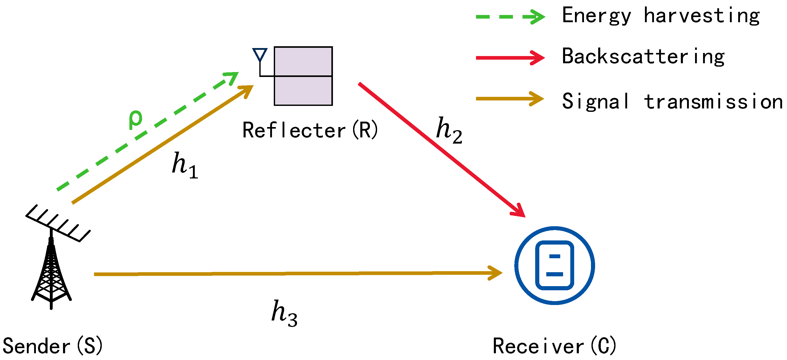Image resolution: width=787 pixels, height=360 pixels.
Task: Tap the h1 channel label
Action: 184,165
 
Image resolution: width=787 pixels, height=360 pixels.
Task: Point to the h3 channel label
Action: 284,313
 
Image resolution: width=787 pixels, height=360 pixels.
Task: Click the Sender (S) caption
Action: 52,346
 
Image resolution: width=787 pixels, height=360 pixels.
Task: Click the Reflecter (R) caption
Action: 310,130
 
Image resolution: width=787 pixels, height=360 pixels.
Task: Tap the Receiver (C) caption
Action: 554,346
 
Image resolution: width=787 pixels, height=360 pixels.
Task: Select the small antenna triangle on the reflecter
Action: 260,54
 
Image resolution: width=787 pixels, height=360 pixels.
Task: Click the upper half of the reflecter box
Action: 303,61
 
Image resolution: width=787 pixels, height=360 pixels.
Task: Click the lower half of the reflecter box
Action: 303,91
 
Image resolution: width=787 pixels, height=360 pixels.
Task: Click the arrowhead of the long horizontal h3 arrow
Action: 496,273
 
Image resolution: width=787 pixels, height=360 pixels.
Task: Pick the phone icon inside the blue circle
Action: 554,265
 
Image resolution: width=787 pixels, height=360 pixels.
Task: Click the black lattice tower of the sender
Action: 51,275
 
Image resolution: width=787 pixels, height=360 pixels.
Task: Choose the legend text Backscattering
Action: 643,57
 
